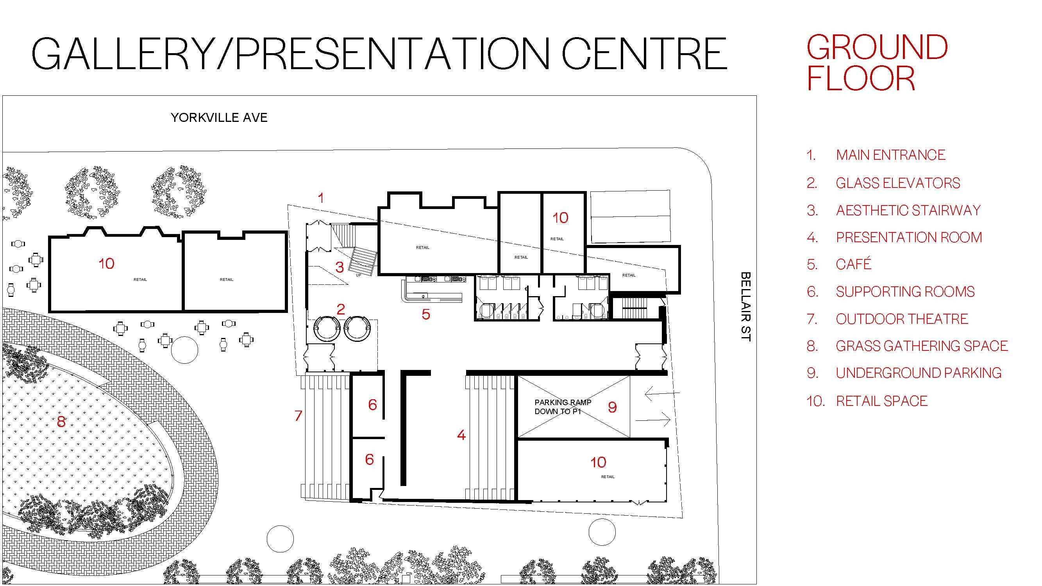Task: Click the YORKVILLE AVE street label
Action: pyautogui.click(x=219, y=118)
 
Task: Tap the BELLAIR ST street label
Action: pyautogui.click(x=745, y=306)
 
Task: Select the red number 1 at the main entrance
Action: pyautogui.click(x=321, y=198)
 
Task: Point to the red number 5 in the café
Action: pyautogui.click(x=425, y=314)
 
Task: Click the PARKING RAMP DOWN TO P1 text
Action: pyautogui.click(x=562, y=407)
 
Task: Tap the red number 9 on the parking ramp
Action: pyautogui.click(x=612, y=407)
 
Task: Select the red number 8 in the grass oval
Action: pyautogui.click(x=61, y=422)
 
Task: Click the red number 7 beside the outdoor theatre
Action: pyautogui.click(x=298, y=415)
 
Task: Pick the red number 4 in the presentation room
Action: pyautogui.click(x=461, y=435)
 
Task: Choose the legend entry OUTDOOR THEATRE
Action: pyautogui.click(x=902, y=319)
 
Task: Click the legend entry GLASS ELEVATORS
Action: pyautogui.click(x=897, y=183)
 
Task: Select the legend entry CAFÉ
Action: pyautogui.click(x=853, y=264)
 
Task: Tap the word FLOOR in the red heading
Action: pyautogui.click(x=860, y=79)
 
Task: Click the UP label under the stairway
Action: pyautogui.click(x=358, y=275)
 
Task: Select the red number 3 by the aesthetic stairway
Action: pyautogui.click(x=340, y=267)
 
